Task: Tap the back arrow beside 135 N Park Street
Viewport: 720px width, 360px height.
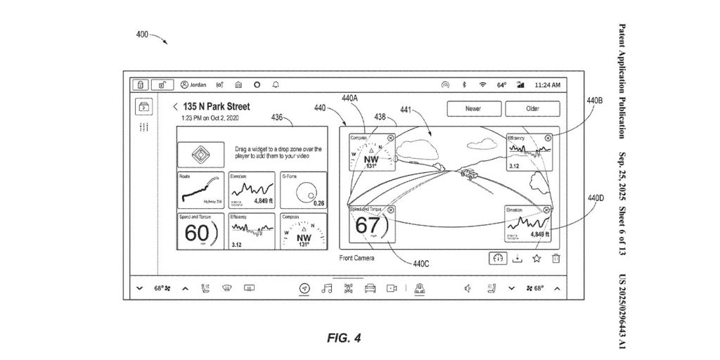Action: pyautogui.click(x=175, y=107)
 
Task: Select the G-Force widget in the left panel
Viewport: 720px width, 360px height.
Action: pyautogui.click(x=302, y=189)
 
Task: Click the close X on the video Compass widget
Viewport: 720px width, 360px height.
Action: pyautogui.click(x=390, y=138)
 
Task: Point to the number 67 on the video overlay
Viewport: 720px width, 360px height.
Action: pyautogui.click(x=367, y=226)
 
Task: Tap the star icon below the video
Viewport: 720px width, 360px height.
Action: pyautogui.click(x=536, y=258)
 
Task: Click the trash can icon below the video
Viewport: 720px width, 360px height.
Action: pyautogui.click(x=555, y=258)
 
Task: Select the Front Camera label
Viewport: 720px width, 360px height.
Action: pyautogui.click(x=356, y=258)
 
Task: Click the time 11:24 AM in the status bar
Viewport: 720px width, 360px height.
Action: pyautogui.click(x=547, y=84)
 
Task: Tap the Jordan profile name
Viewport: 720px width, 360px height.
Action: pyautogui.click(x=198, y=84)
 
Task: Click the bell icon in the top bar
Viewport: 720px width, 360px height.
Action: pyautogui.click(x=276, y=84)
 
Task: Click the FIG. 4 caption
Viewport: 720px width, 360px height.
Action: pyautogui.click(x=343, y=337)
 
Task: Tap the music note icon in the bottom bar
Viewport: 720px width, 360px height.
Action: pyautogui.click(x=326, y=288)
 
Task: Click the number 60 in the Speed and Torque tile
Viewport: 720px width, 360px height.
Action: pyautogui.click(x=196, y=233)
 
